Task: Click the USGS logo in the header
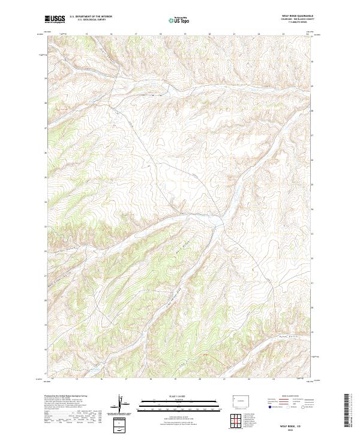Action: click(x=55, y=19)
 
